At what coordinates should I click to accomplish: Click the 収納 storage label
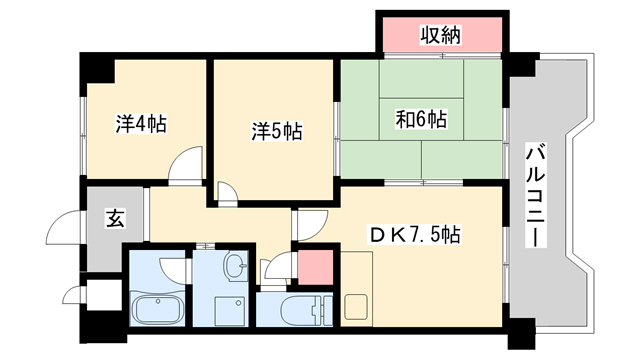coord(439,37)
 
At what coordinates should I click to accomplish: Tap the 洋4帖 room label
coord(140,125)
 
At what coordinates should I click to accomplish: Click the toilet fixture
coord(301,308)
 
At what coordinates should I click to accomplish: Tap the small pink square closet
coord(315,268)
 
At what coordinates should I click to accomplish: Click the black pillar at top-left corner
coord(96,70)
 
